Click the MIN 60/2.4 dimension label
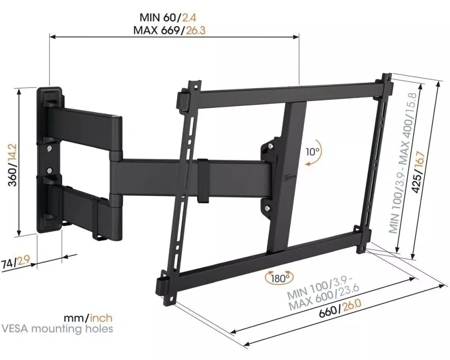click(x=168, y=17)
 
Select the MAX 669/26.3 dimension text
click(x=169, y=30)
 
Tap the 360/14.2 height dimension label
click(x=13, y=165)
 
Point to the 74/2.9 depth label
click(x=16, y=262)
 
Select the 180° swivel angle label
click(x=279, y=278)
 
